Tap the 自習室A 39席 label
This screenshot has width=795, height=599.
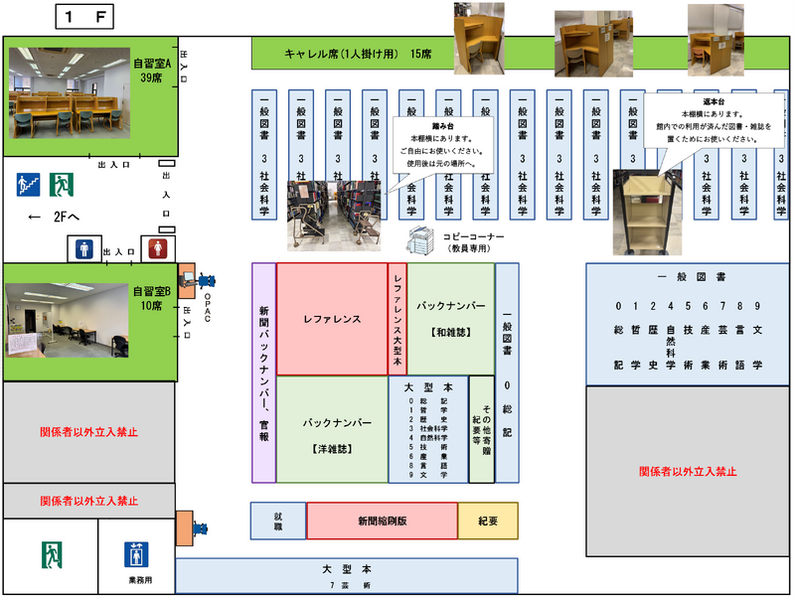(153, 70)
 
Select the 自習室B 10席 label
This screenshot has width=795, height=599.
(152, 298)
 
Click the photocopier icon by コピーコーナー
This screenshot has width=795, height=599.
(421, 238)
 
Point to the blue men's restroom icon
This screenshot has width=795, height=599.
(81, 248)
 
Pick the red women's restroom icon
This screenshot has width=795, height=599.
(153, 248)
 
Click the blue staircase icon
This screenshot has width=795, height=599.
(28, 184)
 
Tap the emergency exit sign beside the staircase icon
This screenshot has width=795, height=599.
(63, 184)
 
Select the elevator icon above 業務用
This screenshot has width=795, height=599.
(136, 553)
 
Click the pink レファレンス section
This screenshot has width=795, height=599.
(331, 319)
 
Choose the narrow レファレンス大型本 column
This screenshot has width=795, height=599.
(397, 319)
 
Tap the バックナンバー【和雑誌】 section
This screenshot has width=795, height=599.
(450, 319)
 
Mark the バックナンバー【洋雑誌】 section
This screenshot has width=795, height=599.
(331, 429)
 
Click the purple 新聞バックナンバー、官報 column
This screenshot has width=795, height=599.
(263, 373)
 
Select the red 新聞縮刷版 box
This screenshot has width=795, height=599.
(382, 521)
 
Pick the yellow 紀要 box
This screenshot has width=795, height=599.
(487, 521)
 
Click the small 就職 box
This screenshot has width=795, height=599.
(278, 521)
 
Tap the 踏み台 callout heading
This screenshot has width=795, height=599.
(438, 126)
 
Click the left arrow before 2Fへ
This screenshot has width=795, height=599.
(34, 217)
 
